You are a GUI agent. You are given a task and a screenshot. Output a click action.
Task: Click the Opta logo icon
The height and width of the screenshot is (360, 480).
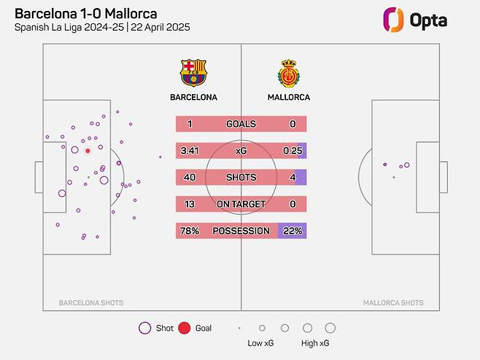point(395,20)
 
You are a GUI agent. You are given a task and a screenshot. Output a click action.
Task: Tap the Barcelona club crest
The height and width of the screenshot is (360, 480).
point(193,73)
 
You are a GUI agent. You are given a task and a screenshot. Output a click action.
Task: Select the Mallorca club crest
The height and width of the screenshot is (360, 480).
point(289,73)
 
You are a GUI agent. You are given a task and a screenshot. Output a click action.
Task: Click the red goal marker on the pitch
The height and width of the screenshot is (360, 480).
point(88,151)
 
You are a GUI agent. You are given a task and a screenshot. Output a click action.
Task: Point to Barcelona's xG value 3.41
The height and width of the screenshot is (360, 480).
point(190,151)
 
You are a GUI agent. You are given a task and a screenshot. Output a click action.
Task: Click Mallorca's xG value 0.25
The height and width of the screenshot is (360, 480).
point(292,151)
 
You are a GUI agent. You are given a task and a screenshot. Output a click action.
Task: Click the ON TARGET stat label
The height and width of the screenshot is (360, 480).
point(241,204)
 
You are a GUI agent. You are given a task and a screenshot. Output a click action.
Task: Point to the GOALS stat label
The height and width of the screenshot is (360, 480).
point(241,124)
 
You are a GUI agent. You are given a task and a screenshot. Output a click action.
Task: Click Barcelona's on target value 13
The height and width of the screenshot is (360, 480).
point(188,204)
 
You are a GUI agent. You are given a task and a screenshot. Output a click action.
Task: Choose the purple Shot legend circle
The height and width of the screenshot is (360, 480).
point(144,329)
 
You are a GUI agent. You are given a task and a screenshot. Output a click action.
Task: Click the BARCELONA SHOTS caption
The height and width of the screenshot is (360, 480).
point(90,302)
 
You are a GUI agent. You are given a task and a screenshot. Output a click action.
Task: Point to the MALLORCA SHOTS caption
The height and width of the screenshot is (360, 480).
point(393,302)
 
